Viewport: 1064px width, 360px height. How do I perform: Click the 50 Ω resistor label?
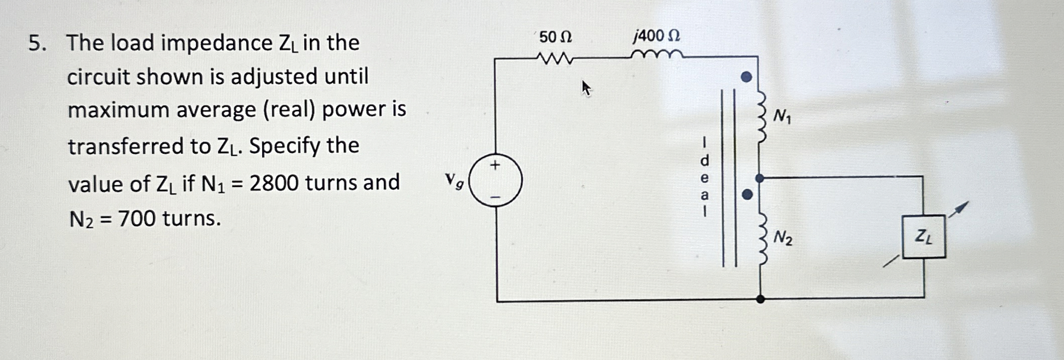tap(555, 37)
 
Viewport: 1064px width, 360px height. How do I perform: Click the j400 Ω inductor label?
tap(657, 36)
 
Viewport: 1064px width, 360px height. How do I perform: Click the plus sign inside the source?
tap(495, 165)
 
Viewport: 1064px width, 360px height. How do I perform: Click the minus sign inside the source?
tap(495, 197)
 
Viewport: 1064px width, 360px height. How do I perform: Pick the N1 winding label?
tap(782, 117)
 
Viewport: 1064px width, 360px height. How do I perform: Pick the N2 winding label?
tap(783, 238)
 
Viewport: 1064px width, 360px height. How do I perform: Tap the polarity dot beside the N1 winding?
tap(747, 77)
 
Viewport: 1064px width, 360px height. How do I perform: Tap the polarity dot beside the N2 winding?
tap(747, 195)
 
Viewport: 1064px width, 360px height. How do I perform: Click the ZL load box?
tap(924, 237)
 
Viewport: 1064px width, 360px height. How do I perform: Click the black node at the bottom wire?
tap(760, 299)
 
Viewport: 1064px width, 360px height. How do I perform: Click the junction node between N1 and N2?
tap(760, 178)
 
